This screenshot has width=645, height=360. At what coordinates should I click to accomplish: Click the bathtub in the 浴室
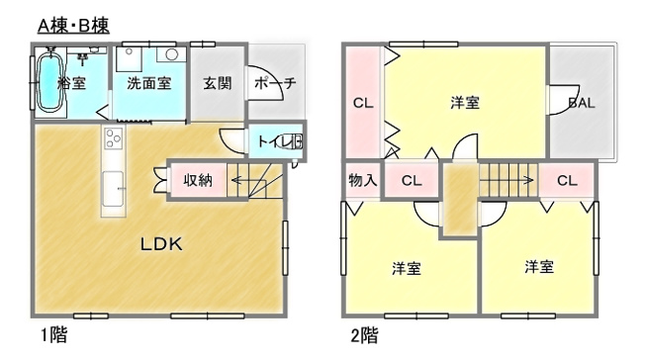pyautogui.click(x=50, y=81)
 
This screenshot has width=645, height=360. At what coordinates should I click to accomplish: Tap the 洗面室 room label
pyautogui.click(x=149, y=83)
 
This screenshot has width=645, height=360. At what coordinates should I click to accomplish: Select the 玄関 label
pyautogui.click(x=218, y=83)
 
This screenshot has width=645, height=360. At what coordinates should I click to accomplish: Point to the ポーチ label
pyautogui.click(x=275, y=83)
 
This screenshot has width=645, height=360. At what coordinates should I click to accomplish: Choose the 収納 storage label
pyautogui.click(x=198, y=180)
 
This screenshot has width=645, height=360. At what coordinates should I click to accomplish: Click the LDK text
pyautogui.click(x=161, y=244)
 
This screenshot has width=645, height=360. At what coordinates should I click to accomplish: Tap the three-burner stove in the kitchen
pyautogui.click(x=114, y=138)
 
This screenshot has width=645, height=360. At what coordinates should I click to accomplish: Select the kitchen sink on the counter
pyautogui.click(x=113, y=189)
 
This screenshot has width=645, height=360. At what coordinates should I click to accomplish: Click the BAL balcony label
pyautogui.click(x=582, y=103)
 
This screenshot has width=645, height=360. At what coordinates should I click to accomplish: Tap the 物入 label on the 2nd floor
pyautogui.click(x=362, y=180)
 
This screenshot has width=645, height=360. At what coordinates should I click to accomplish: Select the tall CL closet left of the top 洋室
pyautogui.click(x=363, y=103)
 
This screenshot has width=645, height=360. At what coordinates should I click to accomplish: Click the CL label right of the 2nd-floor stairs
pyautogui.click(x=567, y=180)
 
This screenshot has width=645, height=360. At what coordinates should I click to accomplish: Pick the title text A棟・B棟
pyautogui.click(x=73, y=26)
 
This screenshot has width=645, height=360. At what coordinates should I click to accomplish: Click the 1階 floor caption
pyautogui.click(x=53, y=335)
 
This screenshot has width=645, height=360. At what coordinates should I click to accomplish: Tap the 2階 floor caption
pyautogui.click(x=364, y=335)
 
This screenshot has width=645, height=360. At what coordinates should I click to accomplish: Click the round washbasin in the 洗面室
pyautogui.click(x=171, y=54)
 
